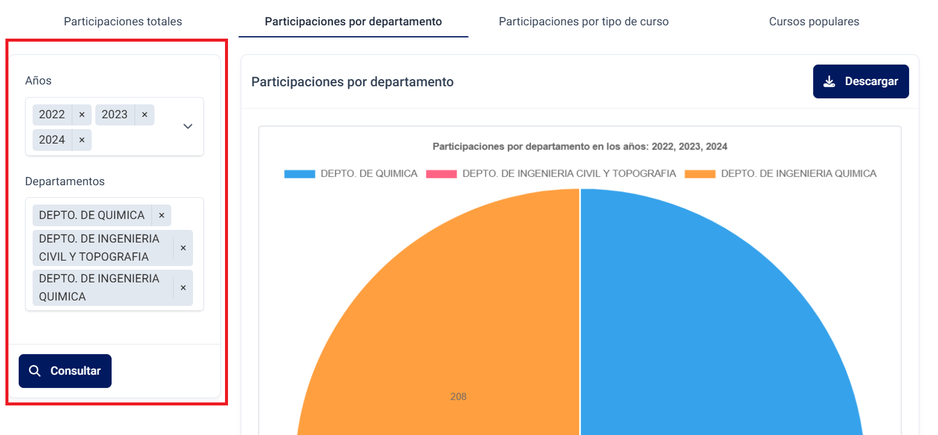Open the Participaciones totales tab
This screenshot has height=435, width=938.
122,22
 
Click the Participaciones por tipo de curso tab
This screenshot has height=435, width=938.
583,22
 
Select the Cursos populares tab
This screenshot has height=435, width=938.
814,22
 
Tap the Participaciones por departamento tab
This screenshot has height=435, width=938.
353,22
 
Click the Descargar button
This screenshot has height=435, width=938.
861,81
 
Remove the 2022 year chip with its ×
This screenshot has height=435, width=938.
82,115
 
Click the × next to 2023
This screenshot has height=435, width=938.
145,115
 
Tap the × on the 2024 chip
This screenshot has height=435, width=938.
82,140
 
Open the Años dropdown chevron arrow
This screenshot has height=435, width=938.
188,126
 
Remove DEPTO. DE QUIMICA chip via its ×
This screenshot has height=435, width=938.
162,215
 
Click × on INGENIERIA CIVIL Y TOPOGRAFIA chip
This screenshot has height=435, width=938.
183,248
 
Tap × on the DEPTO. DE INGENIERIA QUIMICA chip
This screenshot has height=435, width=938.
183,288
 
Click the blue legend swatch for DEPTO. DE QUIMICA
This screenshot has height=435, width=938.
300,174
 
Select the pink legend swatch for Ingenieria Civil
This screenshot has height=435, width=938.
441,174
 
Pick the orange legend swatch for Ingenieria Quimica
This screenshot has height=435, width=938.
700,174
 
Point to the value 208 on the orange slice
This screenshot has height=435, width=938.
458,397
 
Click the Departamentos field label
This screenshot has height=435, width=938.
65,181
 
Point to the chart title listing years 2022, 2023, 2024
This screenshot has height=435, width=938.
580,147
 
